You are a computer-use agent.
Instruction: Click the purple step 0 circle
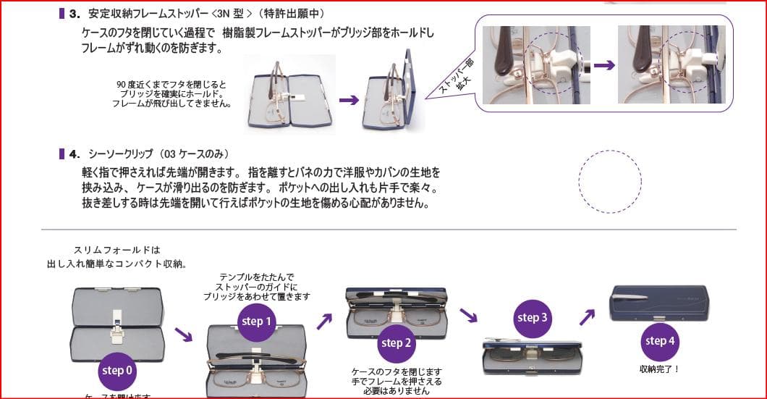coord(117,371)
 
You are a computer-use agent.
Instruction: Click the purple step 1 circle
coord(257,322)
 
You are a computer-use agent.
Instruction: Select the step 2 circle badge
coord(396,343)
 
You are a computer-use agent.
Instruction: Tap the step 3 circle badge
coord(532,318)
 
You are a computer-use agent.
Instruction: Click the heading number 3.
coord(74,14)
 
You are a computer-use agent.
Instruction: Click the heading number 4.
coord(74,154)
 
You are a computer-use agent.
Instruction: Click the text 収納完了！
coord(660,369)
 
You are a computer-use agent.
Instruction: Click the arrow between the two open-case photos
coord(349,100)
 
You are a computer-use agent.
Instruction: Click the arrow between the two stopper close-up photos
coord(604,65)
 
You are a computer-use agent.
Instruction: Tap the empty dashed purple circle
coord(610,182)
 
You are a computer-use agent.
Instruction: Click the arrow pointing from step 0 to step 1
coord(184,336)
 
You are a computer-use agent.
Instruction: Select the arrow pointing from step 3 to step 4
coord(587,317)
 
